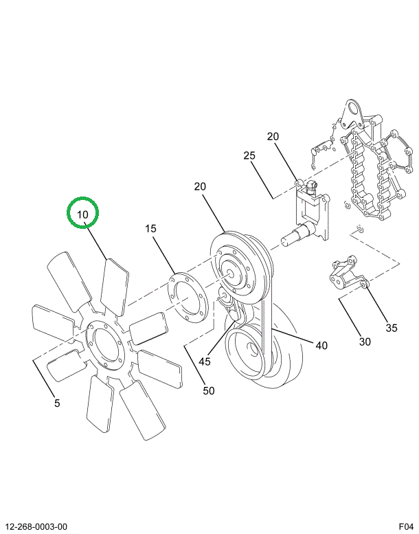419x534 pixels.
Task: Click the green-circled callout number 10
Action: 83,214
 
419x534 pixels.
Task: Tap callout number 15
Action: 151,229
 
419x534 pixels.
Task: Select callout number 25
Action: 249,157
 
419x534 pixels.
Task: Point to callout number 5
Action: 57,403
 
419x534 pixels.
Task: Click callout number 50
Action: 208,390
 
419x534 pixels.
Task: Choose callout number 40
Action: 321,346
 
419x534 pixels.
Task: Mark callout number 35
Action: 391,328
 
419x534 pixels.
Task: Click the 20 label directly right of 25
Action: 273,137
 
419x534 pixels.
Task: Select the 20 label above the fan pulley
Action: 200,187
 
